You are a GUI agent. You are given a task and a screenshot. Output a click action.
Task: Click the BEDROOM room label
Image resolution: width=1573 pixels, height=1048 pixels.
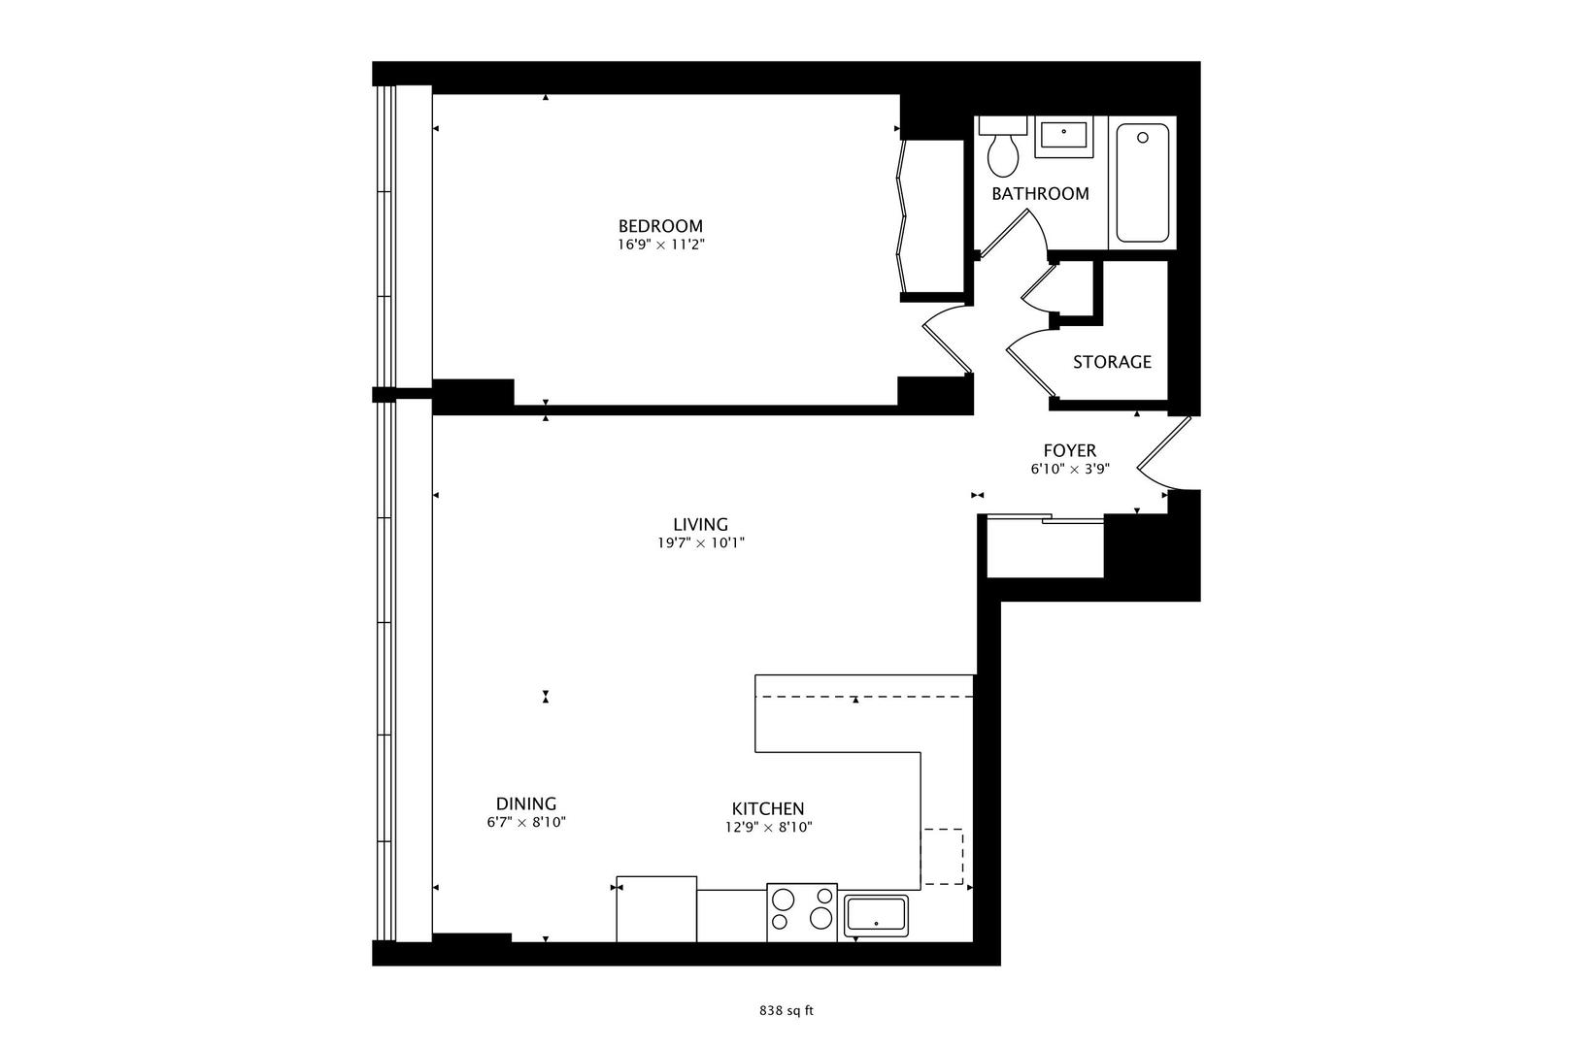660,226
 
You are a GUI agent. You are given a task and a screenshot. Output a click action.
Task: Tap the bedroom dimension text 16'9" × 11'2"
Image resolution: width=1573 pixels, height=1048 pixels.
660,246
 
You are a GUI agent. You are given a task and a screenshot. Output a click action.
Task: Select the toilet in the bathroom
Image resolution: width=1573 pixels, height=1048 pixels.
1002,145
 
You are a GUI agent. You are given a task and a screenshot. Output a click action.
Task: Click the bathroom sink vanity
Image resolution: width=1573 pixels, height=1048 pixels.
1064,136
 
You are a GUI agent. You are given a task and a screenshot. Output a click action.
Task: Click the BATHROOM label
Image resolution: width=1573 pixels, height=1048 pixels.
1040,194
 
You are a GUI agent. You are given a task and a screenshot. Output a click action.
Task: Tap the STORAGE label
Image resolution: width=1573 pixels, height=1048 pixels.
1112,362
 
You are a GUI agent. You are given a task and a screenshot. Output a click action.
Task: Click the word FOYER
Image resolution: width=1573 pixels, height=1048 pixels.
1069,450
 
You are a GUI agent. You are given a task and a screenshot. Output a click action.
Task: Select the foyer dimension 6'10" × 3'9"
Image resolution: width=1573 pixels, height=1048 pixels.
1069,469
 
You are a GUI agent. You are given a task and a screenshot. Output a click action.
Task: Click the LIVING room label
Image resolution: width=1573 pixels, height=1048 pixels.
700,525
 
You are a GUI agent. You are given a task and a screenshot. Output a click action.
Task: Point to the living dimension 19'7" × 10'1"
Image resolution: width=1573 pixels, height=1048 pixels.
700,543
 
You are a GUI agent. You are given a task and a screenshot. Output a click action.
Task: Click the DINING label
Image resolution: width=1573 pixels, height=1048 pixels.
526,803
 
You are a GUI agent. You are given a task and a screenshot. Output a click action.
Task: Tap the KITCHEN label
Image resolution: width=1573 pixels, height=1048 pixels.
767,808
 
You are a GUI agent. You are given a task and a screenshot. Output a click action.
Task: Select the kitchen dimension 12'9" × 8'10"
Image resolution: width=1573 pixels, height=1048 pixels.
767,828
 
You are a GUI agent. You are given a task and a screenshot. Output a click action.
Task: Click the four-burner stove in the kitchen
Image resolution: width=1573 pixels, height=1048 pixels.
802,912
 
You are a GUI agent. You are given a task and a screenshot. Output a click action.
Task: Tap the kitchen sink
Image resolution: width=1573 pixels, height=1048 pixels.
876,916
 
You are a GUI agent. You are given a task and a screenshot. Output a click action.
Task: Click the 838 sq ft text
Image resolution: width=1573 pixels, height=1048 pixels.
786,1010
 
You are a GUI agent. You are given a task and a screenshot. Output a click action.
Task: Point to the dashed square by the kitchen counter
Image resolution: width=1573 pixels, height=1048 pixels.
943,856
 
